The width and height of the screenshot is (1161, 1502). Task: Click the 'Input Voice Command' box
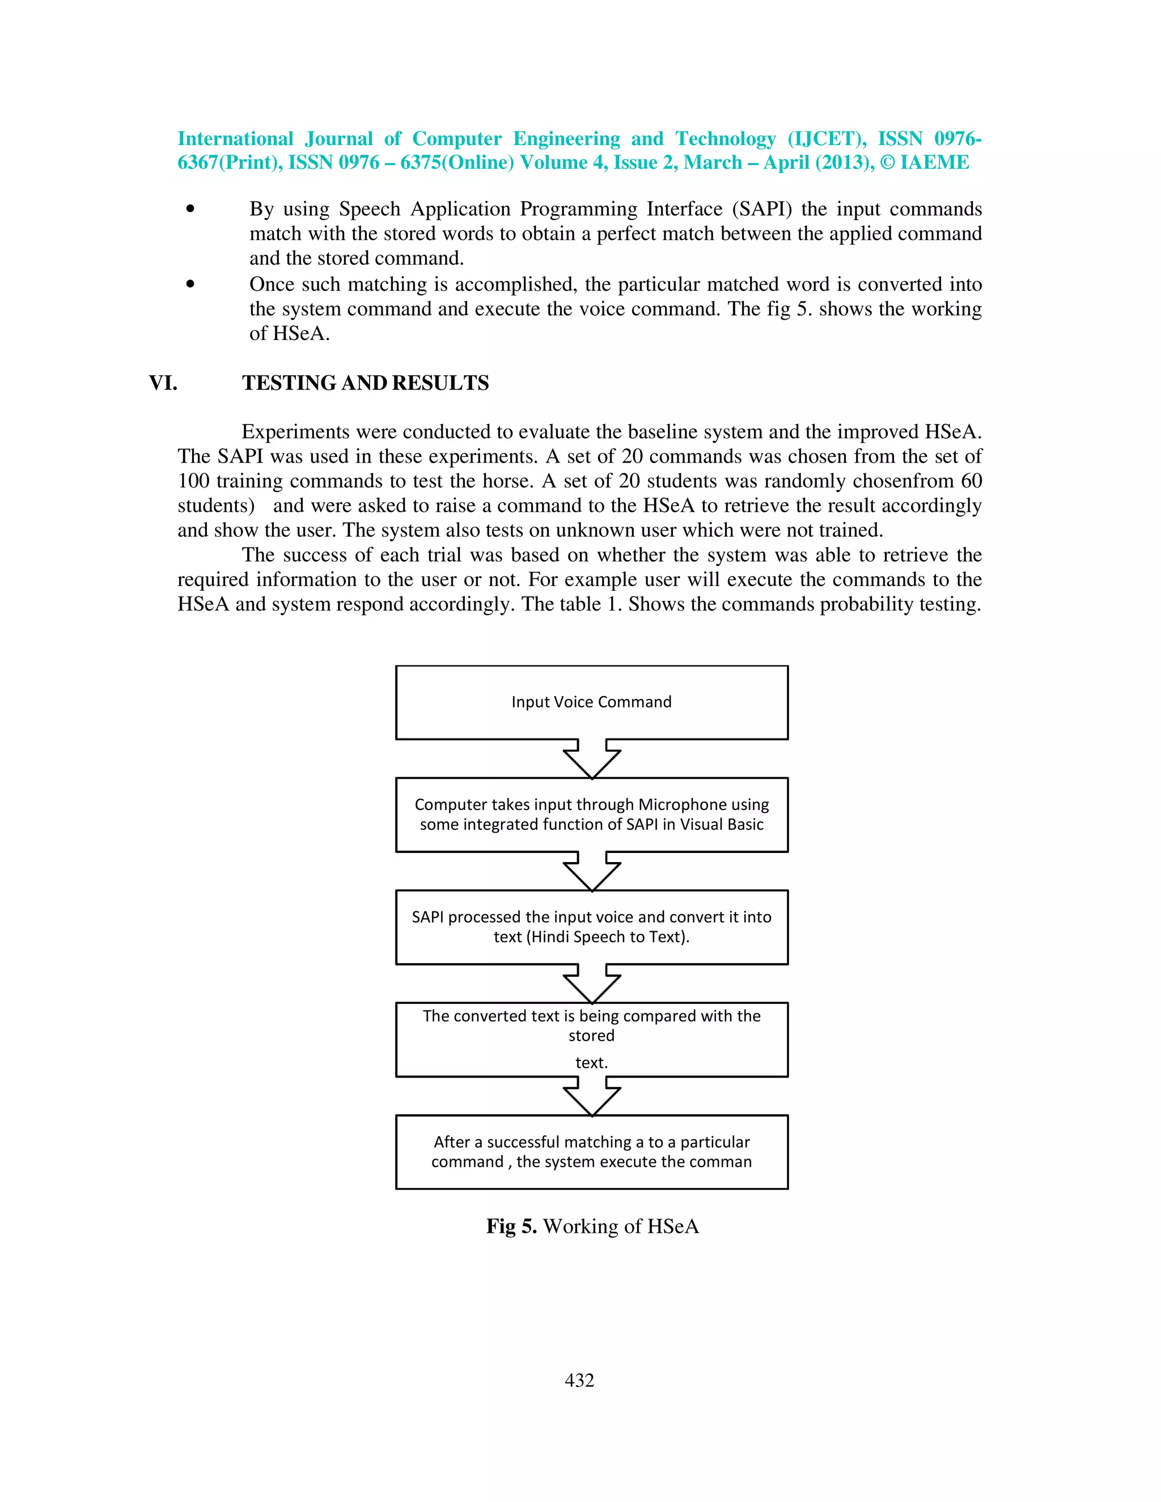coord(591,702)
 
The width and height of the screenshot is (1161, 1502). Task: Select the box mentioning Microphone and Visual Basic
coord(591,814)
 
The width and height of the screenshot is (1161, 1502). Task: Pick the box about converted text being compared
coord(591,1039)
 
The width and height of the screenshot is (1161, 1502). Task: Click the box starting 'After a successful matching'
coord(591,1151)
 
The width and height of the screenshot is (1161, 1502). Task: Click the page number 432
coord(579,1380)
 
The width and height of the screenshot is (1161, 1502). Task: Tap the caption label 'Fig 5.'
coord(511,1226)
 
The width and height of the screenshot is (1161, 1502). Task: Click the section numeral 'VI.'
coord(163,383)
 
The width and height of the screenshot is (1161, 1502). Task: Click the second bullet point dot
coord(190,284)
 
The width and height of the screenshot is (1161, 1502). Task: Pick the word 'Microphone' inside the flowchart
coord(683,805)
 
